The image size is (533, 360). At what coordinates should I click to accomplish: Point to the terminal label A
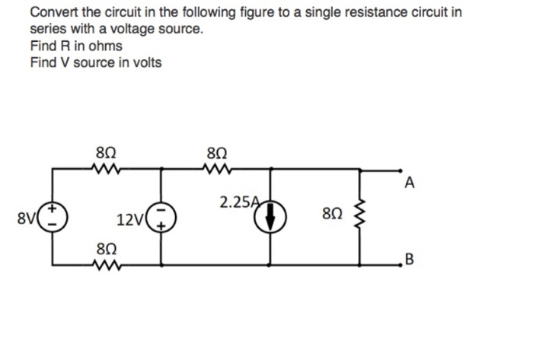(x=410, y=182)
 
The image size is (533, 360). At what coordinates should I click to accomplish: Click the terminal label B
(x=410, y=264)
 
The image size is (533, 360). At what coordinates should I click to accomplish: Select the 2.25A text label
(x=238, y=202)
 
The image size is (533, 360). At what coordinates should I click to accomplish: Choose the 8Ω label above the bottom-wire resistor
(x=107, y=248)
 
